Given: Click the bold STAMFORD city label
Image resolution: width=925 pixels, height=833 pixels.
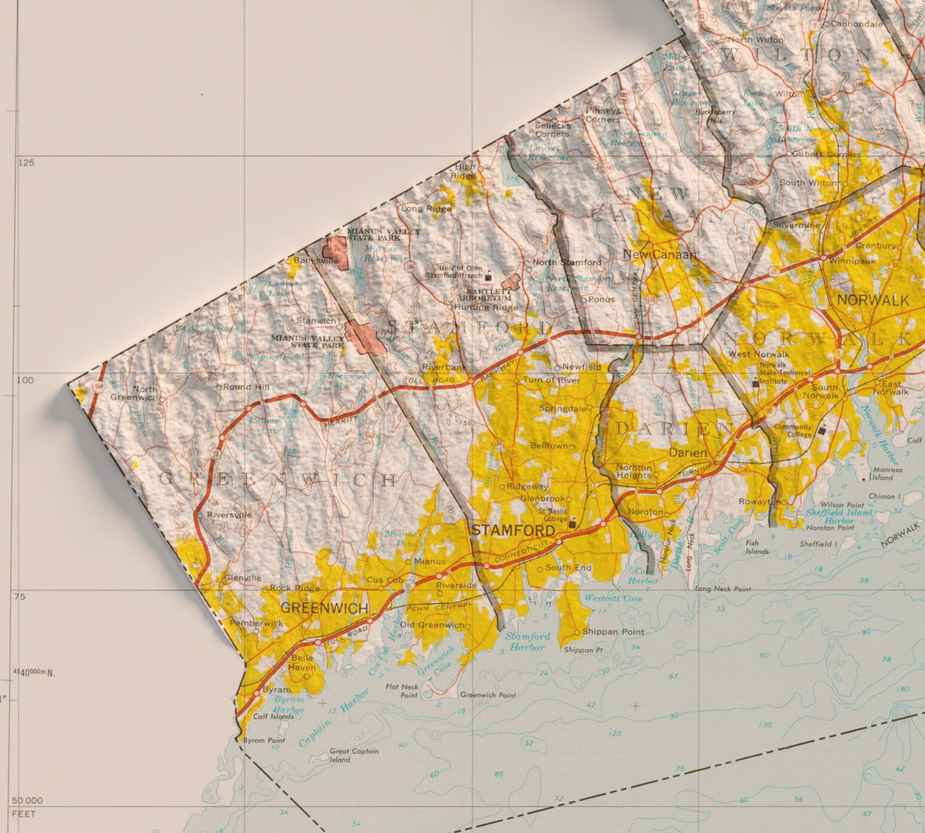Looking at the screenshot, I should tap(513, 531).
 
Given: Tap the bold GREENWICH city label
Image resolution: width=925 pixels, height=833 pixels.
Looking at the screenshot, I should tap(324, 608).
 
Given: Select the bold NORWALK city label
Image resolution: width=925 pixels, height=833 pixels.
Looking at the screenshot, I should tap(873, 300).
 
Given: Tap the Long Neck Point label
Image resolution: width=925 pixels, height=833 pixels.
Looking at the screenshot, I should tap(723, 588).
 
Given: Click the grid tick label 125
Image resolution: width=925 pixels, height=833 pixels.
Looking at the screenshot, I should tap(26, 163).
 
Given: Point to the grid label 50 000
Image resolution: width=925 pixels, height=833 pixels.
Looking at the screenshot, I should tap(27, 800).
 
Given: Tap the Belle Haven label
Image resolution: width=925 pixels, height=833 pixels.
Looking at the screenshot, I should tap(303, 663).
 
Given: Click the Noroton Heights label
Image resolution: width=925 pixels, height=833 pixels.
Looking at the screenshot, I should tap(633, 471).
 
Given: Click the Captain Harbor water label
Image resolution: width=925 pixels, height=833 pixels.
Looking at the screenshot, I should tap(334, 718).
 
